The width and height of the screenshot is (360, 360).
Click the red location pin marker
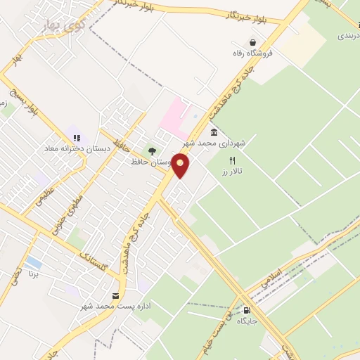(x=181, y=166)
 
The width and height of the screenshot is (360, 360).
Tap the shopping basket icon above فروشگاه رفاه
(x=252, y=42)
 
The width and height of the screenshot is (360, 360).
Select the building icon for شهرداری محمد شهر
(x=214, y=132)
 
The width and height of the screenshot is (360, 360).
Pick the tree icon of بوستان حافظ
(x=151, y=150)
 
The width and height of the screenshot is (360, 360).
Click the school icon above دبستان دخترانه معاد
(x=76, y=137)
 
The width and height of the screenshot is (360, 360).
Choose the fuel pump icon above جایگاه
(x=247, y=310)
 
